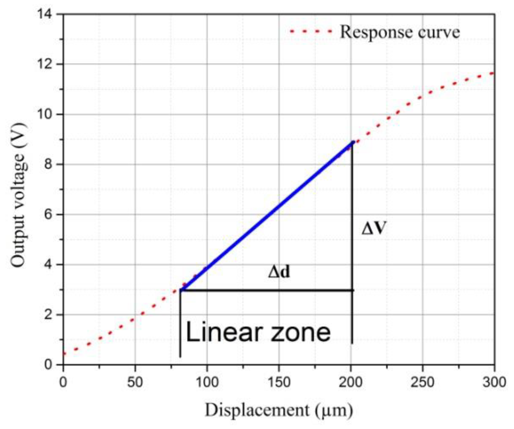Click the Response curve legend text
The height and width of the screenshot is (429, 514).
click(x=400, y=32)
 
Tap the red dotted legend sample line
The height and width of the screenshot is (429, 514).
click(x=311, y=32)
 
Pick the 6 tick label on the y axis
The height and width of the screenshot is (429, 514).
click(x=48, y=215)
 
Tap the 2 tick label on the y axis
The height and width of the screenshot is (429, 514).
click(x=48, y=315)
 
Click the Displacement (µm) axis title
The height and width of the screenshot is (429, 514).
click(x=279, y=410)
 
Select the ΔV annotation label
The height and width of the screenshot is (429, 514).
click(x=374, y=228)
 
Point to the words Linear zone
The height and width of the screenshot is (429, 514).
click(x=258, y=332)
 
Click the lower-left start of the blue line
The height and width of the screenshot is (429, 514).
click(x=181, y=289)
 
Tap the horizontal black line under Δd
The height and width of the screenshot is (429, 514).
click(x=267, y=290)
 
